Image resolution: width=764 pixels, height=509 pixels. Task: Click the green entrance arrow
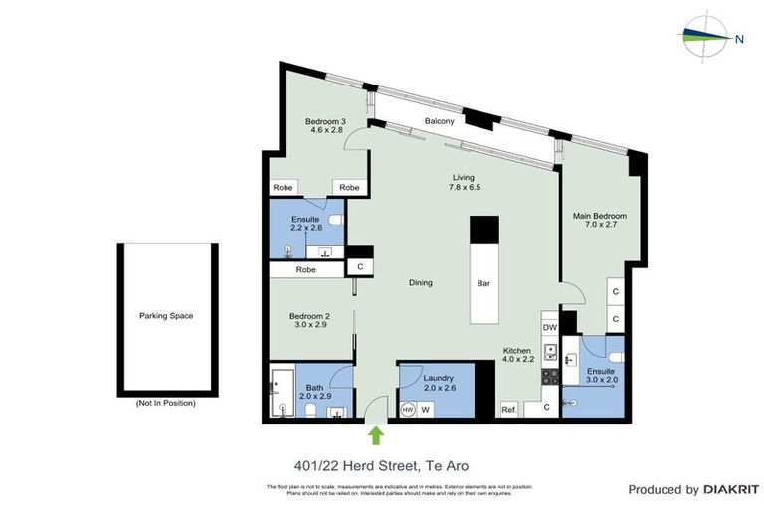(376, 434)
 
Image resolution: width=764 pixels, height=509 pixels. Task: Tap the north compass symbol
(708, 37)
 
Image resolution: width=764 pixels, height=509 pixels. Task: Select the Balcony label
(440, 121)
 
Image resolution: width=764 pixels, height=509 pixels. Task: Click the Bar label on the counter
(483, 283)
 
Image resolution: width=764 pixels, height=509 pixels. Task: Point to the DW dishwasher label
(549, 326)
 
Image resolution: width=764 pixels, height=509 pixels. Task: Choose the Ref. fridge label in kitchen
(509, 409)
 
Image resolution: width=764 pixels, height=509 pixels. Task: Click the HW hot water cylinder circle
(407, 409)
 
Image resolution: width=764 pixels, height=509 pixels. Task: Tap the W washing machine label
(426, 409)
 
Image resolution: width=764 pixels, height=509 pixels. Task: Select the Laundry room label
(438, 379)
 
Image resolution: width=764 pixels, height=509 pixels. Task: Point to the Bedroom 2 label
(308, 317)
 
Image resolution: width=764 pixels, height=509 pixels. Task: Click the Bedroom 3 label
(325, 122)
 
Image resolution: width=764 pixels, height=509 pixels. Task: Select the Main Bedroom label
(599, 216)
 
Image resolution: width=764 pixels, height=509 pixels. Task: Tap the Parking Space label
(166, 316)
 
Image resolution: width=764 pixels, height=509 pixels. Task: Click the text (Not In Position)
(166, 403)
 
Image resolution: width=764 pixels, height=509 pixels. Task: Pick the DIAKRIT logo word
(730, 489)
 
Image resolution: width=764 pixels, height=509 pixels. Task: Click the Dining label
(420, 283)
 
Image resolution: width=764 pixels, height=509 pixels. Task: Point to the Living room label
(464, 177)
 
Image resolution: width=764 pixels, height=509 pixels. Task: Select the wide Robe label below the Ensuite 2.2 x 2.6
(306, 269)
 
